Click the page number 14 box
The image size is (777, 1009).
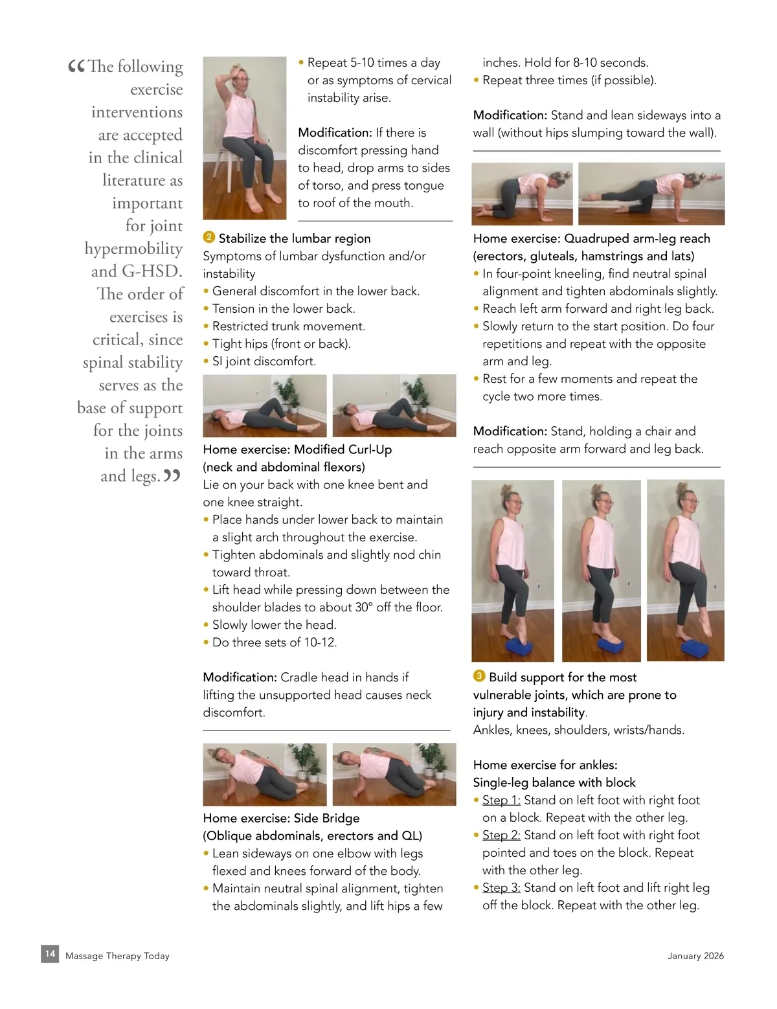50,954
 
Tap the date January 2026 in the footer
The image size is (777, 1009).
695,956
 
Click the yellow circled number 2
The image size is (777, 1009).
209,237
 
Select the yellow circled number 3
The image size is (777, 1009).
479,675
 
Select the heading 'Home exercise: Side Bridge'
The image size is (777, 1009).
281,818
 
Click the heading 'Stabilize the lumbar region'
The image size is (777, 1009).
295,238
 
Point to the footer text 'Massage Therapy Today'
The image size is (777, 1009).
117,956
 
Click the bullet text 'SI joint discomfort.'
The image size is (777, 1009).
264,361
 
